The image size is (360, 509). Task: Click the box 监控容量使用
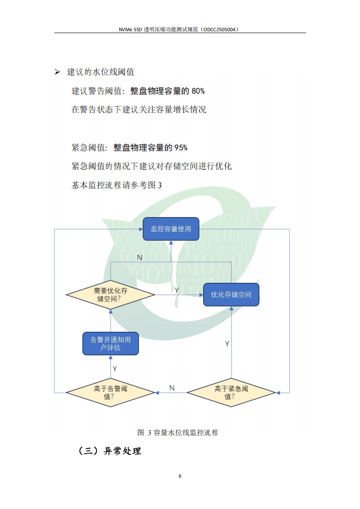tap(171, 229)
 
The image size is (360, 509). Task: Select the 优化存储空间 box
tap(231, 295)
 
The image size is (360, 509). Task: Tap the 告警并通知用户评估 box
tap(111, 344)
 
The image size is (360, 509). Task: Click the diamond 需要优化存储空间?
tap(111, 295)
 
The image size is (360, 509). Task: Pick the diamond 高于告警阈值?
tap(111, 392)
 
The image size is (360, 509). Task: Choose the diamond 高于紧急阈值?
tap(231, 392)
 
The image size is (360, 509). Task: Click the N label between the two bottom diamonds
tap(172, 388)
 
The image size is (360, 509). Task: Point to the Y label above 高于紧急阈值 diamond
tap(227, 344)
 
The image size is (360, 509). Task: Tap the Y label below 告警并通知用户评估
tap(115, 369)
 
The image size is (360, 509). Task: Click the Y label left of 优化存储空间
tap(177, 290)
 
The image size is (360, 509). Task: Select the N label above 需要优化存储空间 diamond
tap(139, 257)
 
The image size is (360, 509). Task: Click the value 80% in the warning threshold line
tap(198, 91)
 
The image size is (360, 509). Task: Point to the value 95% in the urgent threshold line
tap(181, 147)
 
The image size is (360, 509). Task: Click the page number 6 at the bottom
tap(180, 476)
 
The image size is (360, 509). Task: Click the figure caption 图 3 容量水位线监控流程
tap(178, 432)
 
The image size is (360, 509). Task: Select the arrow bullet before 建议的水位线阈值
tap(57, 72)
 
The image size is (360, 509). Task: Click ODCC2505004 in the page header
tap(219, 29)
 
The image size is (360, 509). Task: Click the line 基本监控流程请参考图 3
tap(117, 185)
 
